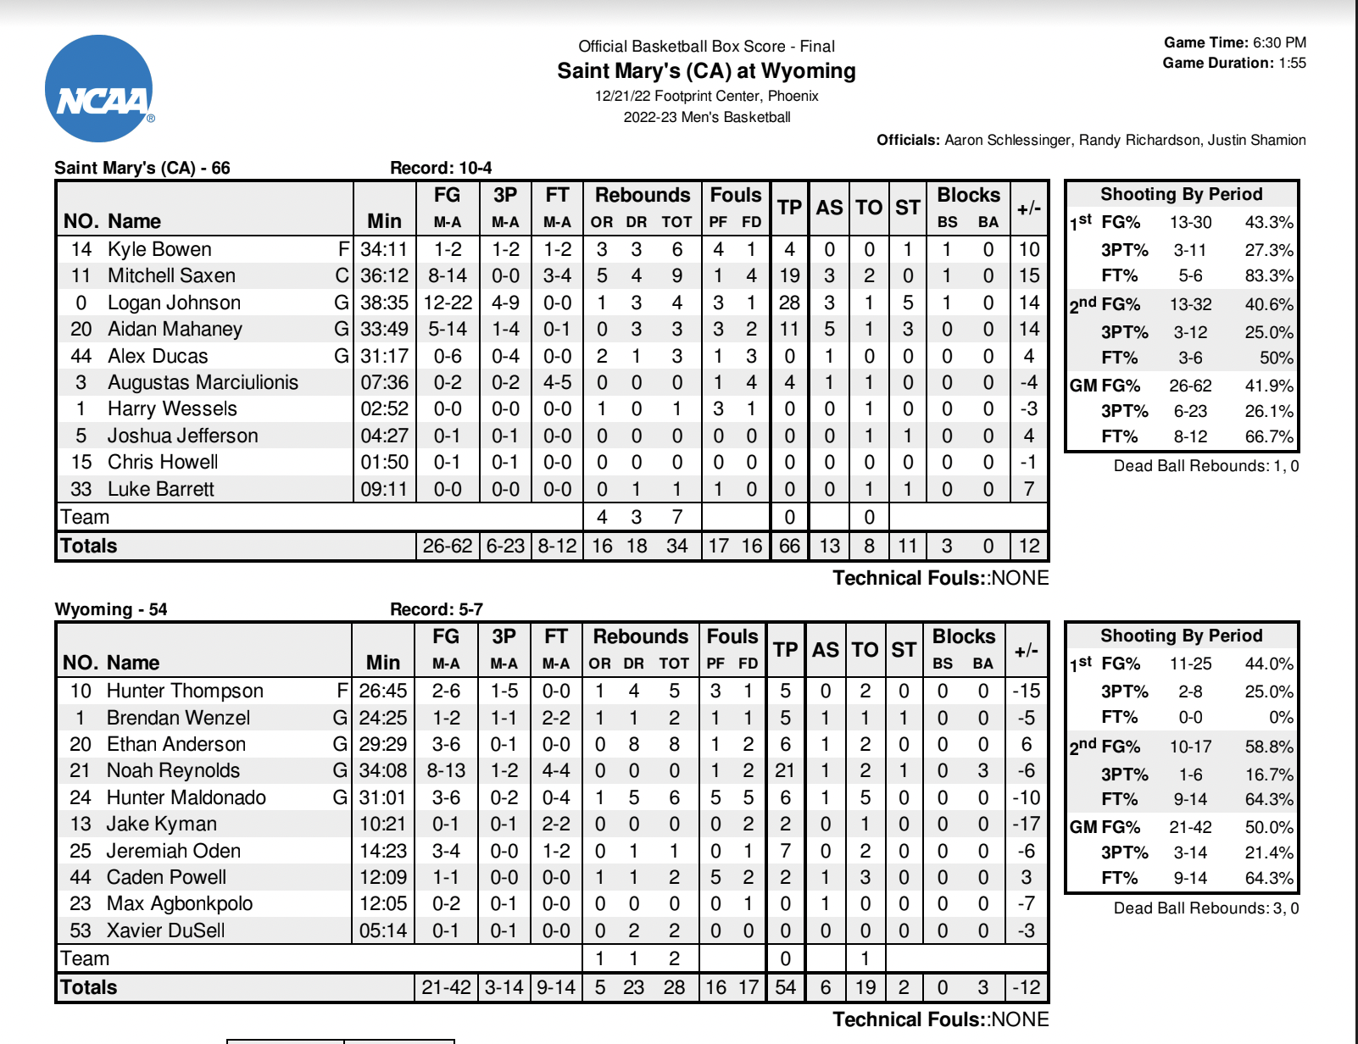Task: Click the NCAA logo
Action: coord(99,89)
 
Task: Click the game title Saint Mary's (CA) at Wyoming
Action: coord(706,71)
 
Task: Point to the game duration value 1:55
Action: coord(1292,63)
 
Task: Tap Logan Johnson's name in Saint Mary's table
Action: coord(174,303)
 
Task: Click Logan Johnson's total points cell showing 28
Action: coord(789,303)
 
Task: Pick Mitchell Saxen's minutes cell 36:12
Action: coord(384,275)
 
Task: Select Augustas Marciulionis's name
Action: coord(203,382)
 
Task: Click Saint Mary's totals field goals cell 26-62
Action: coord(448,546)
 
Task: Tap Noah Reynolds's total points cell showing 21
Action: coord(785,770)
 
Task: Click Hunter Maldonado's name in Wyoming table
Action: coord(186,797)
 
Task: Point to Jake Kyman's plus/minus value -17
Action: coord(1026,824)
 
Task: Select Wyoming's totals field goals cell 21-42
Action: coord(446,987)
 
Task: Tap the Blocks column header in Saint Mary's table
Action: coord(968,195)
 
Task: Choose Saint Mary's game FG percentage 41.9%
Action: coord(1268,386)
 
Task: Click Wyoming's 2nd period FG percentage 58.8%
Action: coord(1268,747)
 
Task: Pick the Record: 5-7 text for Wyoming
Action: coord(436,609)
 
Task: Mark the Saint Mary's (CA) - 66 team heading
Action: coord(142,168)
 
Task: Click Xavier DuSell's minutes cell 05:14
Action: coord(383,930)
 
